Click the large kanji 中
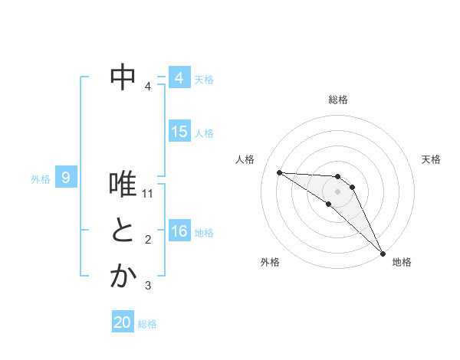123,76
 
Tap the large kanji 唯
123,185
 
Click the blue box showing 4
179,78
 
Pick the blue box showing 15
179,132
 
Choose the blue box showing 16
179,231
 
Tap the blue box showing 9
66,178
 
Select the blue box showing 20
123,322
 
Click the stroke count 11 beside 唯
149,194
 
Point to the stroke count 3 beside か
148,286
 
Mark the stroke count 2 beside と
148,241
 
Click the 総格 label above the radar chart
338,100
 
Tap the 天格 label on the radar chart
432,159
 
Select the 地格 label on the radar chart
402,262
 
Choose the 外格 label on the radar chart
270,262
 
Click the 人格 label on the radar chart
245,159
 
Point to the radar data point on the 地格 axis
383,253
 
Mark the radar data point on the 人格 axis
279,172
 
